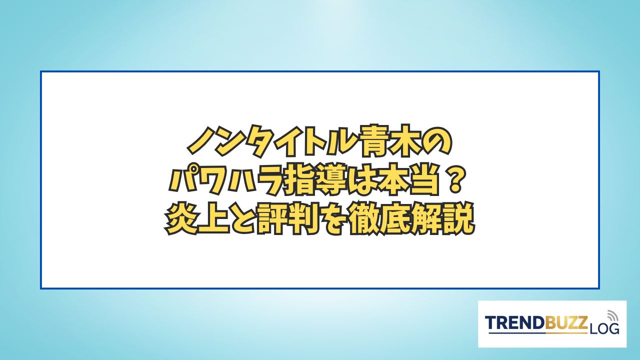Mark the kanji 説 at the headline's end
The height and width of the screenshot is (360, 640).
458,219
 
